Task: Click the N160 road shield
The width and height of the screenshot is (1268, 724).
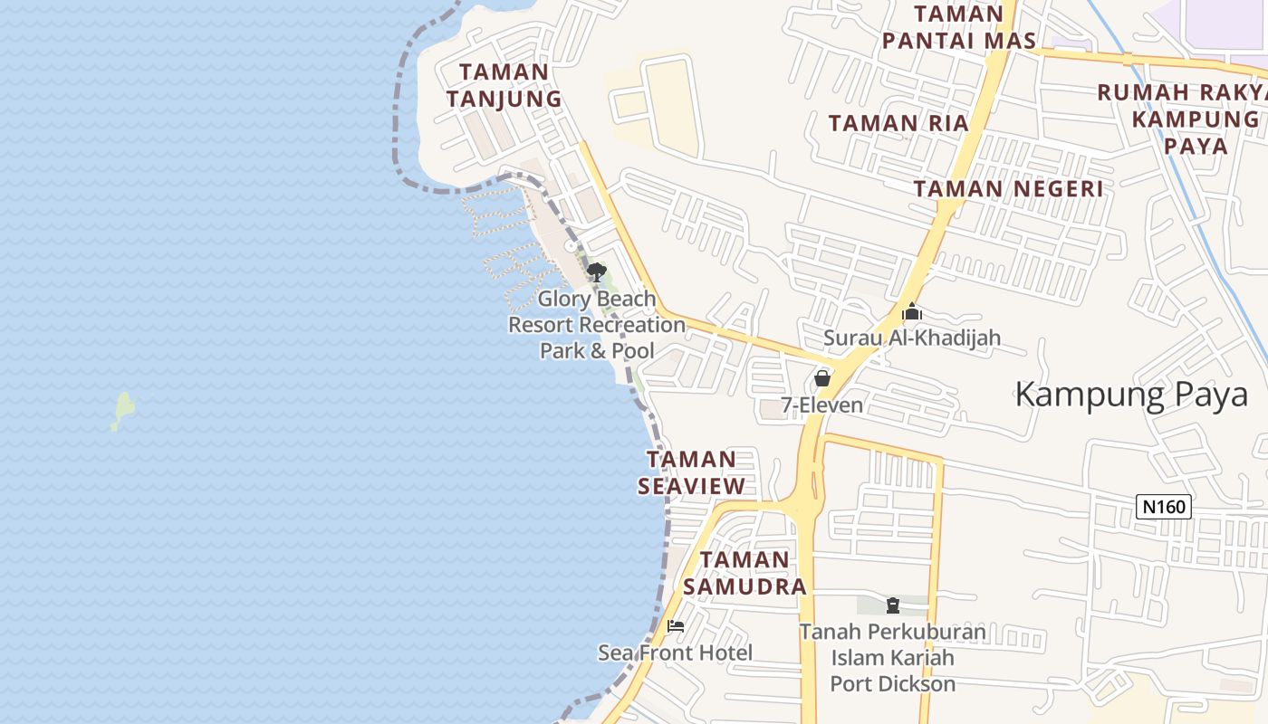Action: [1163, 507]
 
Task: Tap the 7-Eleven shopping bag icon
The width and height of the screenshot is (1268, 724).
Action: [822, 378]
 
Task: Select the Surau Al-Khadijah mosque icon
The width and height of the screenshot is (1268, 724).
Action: [911, 312]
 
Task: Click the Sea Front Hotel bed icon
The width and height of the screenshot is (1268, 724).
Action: [675, 625]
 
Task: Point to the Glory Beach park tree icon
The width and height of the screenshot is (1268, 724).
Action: [596, 271]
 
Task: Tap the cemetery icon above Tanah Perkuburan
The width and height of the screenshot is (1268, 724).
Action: [892, 605]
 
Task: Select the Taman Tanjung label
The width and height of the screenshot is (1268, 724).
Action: [504, 85]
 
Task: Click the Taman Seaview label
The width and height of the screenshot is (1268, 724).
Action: [692, 472]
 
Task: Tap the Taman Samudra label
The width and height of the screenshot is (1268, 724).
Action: [744, 573]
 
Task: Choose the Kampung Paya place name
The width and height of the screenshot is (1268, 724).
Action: [1131, 395]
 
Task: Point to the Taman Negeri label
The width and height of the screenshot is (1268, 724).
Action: [1008, 189]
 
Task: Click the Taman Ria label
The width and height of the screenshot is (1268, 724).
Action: [898, 123]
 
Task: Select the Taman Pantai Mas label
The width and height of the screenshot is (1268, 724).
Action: [959, 27]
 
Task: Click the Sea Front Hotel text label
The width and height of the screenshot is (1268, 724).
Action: [675, 653]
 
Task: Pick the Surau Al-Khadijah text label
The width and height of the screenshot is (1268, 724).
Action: [911, 338]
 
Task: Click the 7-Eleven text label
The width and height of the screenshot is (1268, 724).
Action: [821, 405]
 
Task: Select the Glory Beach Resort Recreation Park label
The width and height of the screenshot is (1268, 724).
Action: [597, 324]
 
